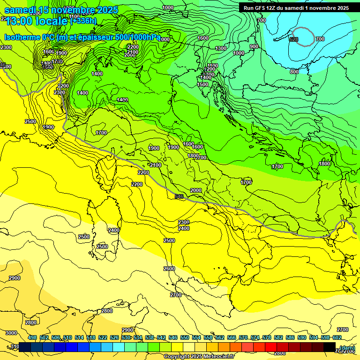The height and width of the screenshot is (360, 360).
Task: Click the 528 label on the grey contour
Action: pos(294,40)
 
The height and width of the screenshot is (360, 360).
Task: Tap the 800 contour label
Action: pos(294,72)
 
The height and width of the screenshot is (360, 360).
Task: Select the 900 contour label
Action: pos(254,46)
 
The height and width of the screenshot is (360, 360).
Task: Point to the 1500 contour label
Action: pos(202,84)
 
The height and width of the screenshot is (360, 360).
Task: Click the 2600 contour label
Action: pos(169,269)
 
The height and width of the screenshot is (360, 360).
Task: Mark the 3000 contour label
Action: pos(11,333)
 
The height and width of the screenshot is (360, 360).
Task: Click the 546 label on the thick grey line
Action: pos(179,196)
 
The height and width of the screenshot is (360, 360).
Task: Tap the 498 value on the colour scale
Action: pos(32,337)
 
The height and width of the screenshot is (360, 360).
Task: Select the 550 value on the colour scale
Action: pos(185,337)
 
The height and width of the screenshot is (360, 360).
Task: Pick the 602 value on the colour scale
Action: pos(337,337)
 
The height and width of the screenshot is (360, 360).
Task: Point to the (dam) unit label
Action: pos(347,347)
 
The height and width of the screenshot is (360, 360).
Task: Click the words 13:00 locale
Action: pos(36,21)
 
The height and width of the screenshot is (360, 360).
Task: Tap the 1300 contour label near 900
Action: pos(221,48)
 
